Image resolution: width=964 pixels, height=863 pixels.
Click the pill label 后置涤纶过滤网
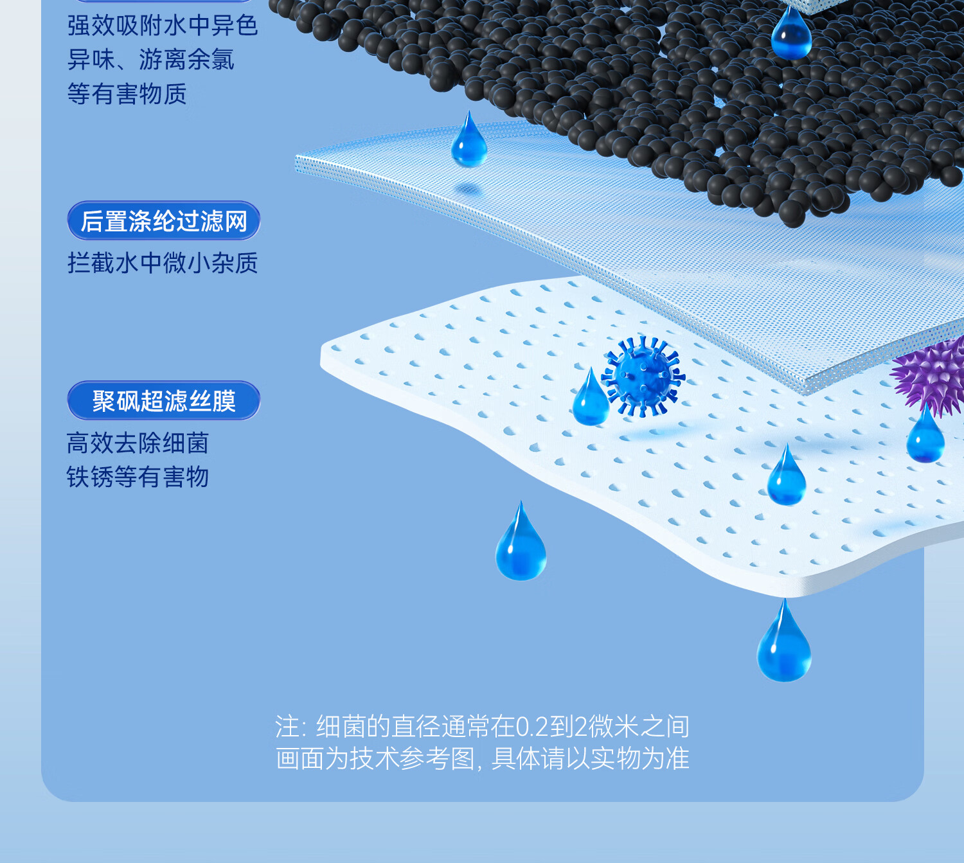(164, 221)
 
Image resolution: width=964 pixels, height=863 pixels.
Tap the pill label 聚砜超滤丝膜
(164, 401)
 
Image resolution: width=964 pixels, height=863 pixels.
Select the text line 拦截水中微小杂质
(163, 263)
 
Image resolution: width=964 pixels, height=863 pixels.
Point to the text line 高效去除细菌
(138, 443)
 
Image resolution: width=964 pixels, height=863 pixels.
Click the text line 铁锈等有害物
(138, 477)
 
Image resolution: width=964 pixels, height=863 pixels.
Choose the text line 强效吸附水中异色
(163, 26)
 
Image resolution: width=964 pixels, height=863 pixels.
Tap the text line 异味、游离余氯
(151, 60)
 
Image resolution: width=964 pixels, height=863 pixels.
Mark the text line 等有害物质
(127, 94)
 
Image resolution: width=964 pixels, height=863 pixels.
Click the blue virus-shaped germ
(643, 375)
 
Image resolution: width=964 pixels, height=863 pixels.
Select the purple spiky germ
(931, 376)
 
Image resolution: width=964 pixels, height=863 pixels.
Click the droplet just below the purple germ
(925, 438)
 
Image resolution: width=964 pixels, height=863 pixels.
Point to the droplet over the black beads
(791, 35)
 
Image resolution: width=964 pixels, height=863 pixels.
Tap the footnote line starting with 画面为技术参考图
(483, 759)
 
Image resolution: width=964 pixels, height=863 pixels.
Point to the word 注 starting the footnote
(287, 727)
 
